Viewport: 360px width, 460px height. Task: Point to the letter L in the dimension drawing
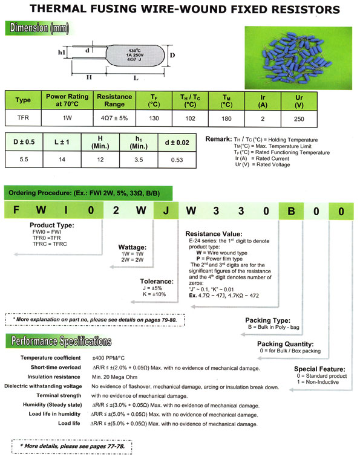(x=134, y=79)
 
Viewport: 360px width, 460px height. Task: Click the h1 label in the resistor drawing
(x=62, y=53)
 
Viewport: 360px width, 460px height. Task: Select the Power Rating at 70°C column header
(x=67, y=100)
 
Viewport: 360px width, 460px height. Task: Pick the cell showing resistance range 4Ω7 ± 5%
(x=114, y=117)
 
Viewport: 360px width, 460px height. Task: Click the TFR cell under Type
(x=23, y=117)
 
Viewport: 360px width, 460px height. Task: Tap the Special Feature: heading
(x=320, y=369)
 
